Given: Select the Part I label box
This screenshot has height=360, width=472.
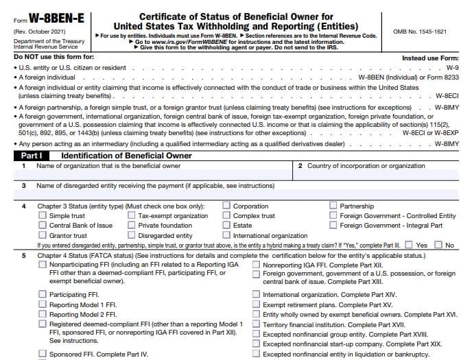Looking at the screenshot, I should [x=32, y=156].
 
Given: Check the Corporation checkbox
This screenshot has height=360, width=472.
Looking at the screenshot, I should [x=226, y=206].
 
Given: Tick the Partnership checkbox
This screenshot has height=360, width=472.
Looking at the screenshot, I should [x=333, y=206].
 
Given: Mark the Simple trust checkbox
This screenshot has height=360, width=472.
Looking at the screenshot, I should [x=42, y=216].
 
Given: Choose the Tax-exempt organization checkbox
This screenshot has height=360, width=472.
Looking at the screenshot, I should [x=131, y=216].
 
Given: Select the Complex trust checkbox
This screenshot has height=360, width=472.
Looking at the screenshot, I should [x=226, y=216].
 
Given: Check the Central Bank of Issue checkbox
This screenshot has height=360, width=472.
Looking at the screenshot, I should [x=42, y=226].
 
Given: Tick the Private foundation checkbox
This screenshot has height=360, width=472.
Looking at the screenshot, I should [x=131, y=226].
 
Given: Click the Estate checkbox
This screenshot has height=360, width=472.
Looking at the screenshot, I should [x=226, y=226].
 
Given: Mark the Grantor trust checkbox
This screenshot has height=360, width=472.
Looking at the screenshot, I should [x=42, y=236].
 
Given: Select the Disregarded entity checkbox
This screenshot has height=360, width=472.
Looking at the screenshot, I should [x=131, y=236].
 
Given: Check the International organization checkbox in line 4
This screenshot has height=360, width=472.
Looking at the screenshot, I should [x=226, y=236].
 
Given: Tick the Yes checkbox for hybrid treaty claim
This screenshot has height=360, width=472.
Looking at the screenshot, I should [x=409, y=245].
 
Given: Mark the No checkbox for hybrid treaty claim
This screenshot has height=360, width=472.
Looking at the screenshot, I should [x=439, y=245].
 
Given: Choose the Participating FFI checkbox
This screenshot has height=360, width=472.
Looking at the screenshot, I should [x=42, y=295].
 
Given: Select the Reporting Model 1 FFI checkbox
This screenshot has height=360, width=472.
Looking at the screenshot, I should [x=42, y=304].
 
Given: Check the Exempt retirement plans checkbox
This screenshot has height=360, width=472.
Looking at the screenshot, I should [x=256, y=304].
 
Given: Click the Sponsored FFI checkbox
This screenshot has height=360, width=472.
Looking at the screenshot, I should [x=42, y=355].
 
